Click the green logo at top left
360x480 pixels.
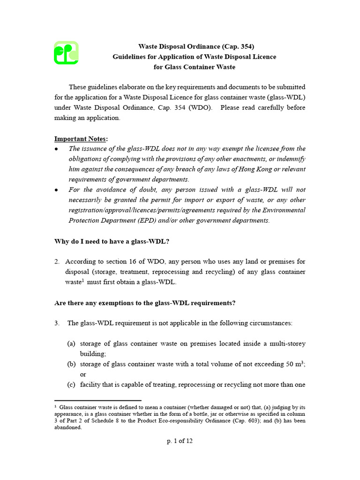[66, 52]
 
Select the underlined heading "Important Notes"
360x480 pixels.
[81, 139]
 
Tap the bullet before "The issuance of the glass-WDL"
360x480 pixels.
[56, 149]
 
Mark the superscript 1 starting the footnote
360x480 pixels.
[55, 407]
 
